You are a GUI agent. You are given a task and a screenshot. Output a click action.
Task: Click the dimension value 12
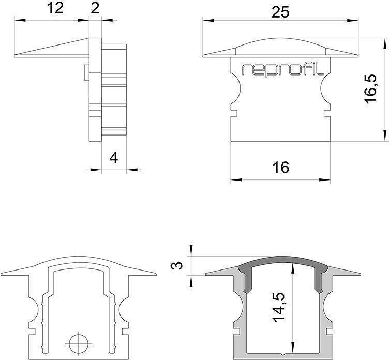click(55, 9)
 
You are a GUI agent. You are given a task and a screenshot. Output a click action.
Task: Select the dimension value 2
click(95, 9)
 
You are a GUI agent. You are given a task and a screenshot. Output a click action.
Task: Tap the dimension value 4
click(114, 158)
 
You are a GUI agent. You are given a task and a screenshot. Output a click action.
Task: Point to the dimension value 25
click(280, 12)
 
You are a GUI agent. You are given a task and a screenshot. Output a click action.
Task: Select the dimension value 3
click(177, 266)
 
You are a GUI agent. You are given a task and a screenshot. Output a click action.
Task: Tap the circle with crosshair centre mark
click(79, 343)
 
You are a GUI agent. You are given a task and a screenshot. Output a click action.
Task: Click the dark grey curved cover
click(283, 260)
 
